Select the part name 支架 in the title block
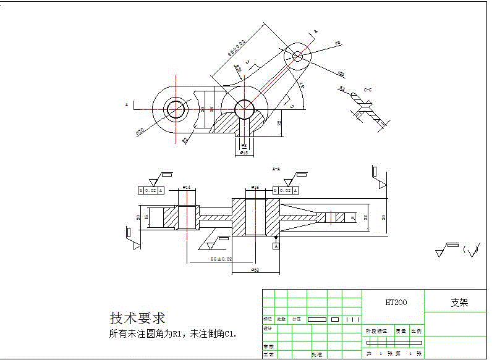(x=459, y=303)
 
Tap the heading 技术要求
(x=137, y=318)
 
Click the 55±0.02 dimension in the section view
(x=221, y=259)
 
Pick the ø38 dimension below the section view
(x=254, y=270)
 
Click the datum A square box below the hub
(x=276, y=246)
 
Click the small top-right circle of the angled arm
(x=297, y=56)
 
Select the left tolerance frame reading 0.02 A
(x=151, y=191)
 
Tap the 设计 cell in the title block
(x=268, y=328)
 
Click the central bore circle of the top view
(x=244, y=107)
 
